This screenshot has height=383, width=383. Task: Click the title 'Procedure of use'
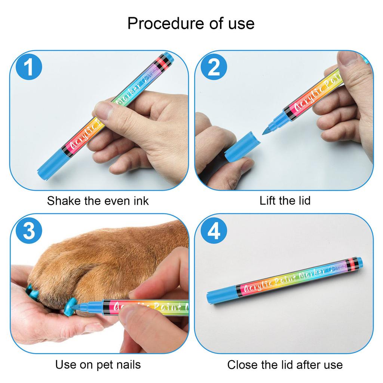[x=191, y=23]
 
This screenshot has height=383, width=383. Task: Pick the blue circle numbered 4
[x=214, y=232]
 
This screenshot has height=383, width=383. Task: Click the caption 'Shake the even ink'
[x=98, y=201]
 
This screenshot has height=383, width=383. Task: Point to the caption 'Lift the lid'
[x=285, y=201]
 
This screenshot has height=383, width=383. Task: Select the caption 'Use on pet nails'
[x=98, y=364]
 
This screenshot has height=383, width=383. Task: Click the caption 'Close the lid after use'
[x=285, y=364]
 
